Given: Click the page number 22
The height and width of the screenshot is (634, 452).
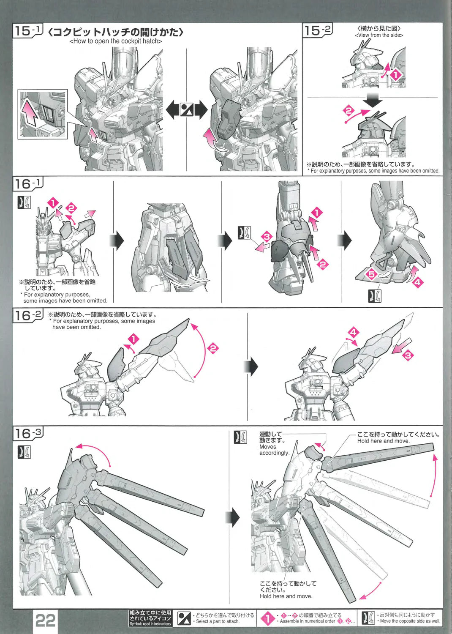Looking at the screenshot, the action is click(45, 620).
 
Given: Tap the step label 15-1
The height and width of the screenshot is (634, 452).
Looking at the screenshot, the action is click(28, 30).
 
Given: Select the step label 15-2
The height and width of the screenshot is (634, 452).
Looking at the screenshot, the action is click(317, 30).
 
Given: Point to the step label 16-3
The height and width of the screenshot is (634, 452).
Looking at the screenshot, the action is click(28, 433).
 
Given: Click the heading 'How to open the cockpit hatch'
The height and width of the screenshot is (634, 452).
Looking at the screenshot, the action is click(116, 41).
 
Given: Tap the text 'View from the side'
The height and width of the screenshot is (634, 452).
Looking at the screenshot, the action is click(379, 35).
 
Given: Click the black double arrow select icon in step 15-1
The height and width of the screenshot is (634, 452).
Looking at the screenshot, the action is click(187, 109).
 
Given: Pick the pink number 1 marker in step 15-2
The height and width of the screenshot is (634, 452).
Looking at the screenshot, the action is click(395, 75).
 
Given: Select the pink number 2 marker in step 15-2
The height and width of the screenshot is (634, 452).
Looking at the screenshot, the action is click(349, 110).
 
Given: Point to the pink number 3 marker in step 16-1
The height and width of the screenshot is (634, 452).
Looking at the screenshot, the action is click(267, 236).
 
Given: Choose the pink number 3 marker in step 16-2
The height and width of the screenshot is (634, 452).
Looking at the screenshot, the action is click(408, 355).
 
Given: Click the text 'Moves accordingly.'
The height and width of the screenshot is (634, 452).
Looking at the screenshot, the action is click(274, 449).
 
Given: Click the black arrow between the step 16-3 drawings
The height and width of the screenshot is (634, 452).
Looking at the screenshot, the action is click(233, 517).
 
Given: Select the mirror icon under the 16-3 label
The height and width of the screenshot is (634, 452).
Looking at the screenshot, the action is click(25, 452).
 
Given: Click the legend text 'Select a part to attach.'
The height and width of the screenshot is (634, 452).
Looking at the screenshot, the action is click(218, 621).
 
